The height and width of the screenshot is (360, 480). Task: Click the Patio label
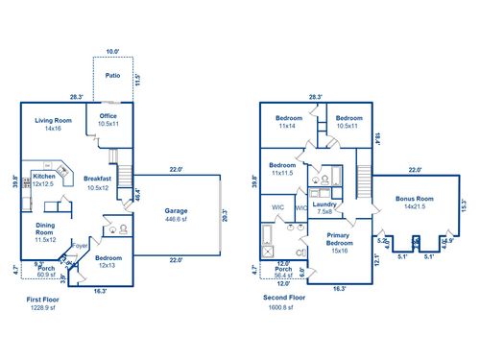click(112, 75)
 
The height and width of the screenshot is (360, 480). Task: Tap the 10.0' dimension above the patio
click(112, 51)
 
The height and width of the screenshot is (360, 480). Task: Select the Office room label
click(108, 117)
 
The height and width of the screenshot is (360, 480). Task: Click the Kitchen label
click(44, 177)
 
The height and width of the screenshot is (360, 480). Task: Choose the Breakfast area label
click(99, 180)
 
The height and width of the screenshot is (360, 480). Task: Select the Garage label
click(176, 210)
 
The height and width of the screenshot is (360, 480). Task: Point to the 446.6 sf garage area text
click(176, 218)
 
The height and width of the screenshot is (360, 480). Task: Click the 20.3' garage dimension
click(224, 216)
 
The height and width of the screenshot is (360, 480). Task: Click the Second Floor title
click(284, 299)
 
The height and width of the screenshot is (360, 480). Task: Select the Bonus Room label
click(415, 199)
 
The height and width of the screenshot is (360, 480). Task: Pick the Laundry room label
click(323, 204)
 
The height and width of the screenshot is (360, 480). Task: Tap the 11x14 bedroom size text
click(287, 126)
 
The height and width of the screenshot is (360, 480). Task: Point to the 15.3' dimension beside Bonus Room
click(463, 204)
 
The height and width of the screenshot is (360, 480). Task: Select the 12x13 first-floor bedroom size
click(108, 265)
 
